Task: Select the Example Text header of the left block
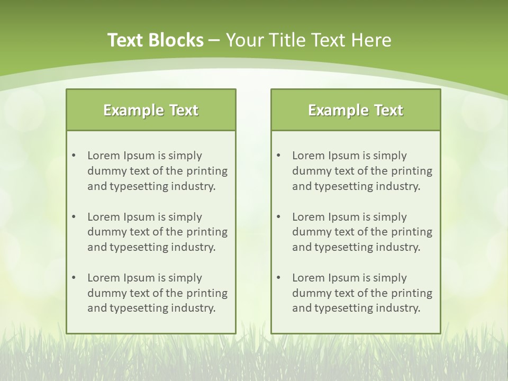[x=151, y=110]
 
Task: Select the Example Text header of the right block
[x=356, y=110]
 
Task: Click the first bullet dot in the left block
[x=74, y=156]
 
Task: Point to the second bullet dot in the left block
[x=74, y=217]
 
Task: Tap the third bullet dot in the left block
[x=74, y=278]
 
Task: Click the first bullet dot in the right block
[x=278, y=156]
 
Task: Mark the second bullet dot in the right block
[x=278, y=217]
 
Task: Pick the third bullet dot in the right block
[x=278, y=278]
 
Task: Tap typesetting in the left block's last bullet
[x=140, y=309]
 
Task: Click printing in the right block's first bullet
[x=412, y=171]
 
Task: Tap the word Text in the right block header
[x=389, y=110]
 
